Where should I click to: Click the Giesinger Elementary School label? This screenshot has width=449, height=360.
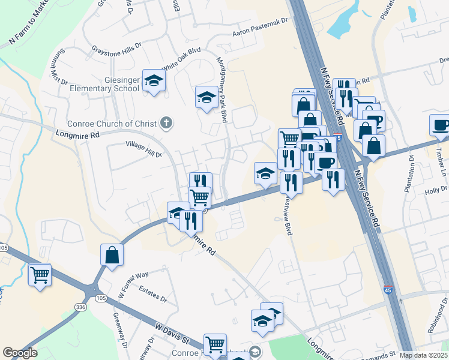click(x=112, y=84)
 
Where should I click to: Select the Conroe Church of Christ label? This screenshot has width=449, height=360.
click(x=119, y=124)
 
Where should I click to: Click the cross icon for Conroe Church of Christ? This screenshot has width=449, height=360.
click(x=167, y=124)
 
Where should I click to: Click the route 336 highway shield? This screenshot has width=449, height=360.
click(x=81, y=307)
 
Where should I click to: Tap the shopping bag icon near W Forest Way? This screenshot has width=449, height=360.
click(x=112, y=255)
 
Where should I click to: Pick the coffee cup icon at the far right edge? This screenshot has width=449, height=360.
click(x=441, y=125)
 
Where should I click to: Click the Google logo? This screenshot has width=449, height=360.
click(x=20, y=353)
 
